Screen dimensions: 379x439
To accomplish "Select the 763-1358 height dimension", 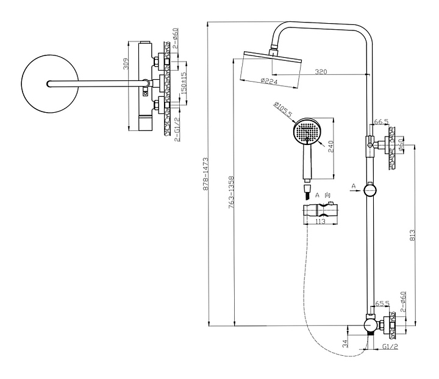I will click(x=233, y=194).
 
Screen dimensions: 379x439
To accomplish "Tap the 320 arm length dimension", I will click(x=321, y=72).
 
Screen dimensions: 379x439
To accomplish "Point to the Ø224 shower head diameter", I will click(x=269, y=80).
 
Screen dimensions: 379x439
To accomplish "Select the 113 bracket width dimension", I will click(x=320, y=222).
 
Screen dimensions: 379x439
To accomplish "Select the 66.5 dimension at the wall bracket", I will click(x=381, y=122).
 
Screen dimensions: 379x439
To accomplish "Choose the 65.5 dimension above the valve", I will click(x=382, y=302).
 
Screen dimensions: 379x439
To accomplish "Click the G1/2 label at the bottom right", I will click(x=391, y=347).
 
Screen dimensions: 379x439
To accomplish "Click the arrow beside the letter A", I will click(x=356, y=190).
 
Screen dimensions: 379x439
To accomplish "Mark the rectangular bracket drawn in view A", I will click(x=319, y=214).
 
